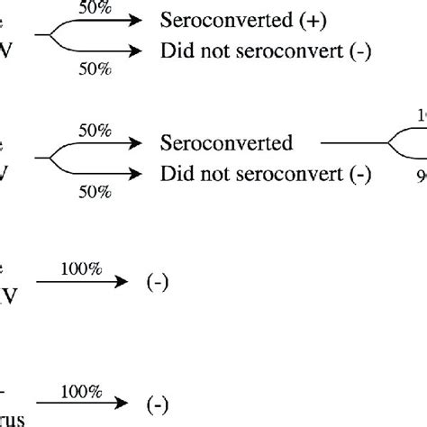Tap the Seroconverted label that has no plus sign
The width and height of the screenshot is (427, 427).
(220, 142)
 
